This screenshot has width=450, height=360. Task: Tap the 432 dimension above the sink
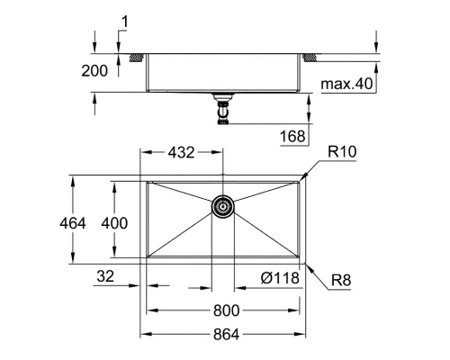point(180,154)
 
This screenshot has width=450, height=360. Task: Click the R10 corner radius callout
point(342,154)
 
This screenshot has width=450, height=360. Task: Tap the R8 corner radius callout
point(339,281)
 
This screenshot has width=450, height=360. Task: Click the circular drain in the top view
point(222,207)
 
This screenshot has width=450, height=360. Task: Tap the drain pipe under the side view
point(222,111)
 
